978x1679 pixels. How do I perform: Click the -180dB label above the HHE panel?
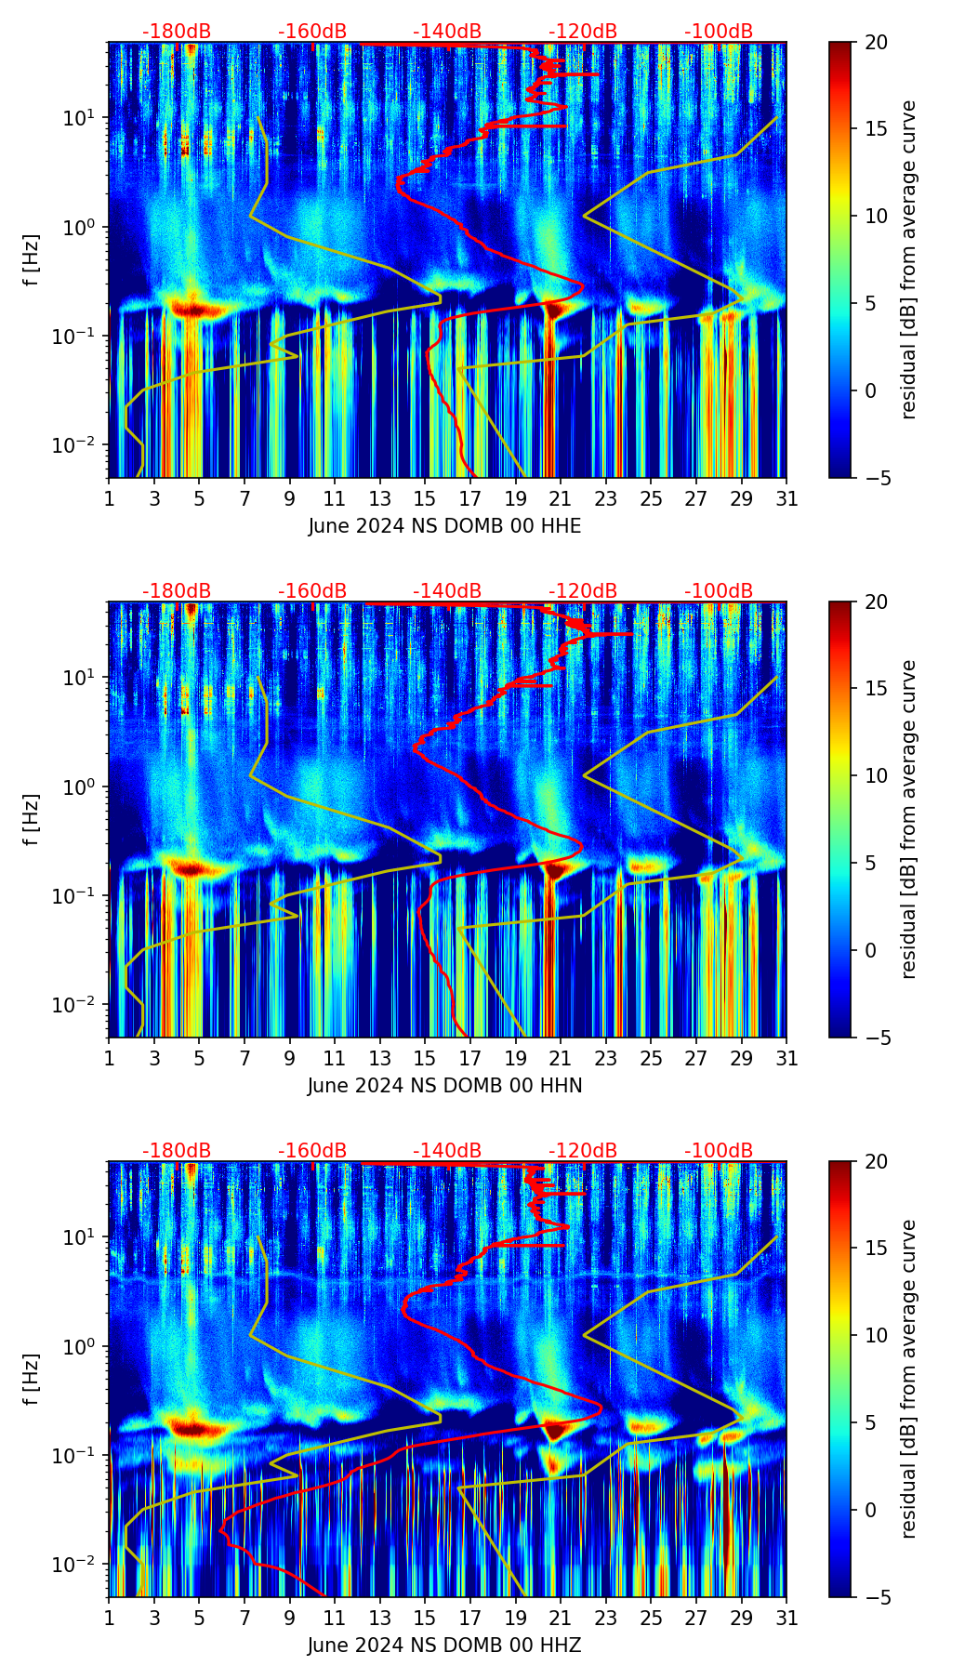(x=177, y=32)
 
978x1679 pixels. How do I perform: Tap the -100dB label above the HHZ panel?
(x=719, y=1151)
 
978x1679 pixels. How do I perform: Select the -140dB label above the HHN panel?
(x=447, y=591)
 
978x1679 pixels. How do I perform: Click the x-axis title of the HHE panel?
(x=444, y=526)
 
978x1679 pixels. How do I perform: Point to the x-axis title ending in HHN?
(x=444, y=1086)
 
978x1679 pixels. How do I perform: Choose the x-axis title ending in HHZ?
(x=444, y=1646)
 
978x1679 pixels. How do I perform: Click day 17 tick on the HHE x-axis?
(x=470, y=498)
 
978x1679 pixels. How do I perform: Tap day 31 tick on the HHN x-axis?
(x=786, y=1058)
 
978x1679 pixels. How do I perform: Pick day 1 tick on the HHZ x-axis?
(x=109, y=1618)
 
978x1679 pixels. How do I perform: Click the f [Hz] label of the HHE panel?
(x=32, y=260)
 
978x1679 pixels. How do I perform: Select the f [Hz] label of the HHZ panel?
(x=32, y=1380)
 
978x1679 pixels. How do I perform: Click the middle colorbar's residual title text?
(x=908, y=819)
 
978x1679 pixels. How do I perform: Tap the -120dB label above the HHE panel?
(x=583, y=32)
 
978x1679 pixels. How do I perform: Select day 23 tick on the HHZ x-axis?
(x=605, y=1618)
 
